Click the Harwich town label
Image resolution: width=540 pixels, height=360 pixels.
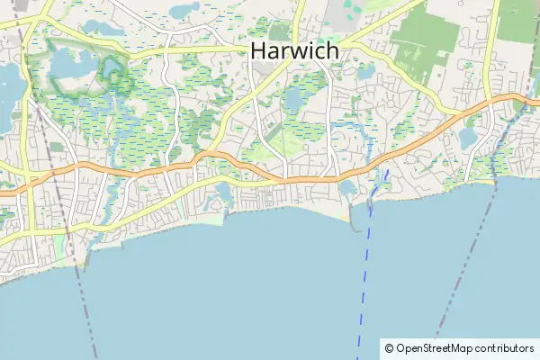294,51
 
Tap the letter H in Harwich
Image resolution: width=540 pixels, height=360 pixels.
257,51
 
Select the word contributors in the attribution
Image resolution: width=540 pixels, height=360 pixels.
505,348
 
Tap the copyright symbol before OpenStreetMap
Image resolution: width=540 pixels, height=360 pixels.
389,348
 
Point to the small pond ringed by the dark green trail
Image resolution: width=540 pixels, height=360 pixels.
113,68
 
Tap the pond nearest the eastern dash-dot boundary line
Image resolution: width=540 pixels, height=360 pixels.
469,138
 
